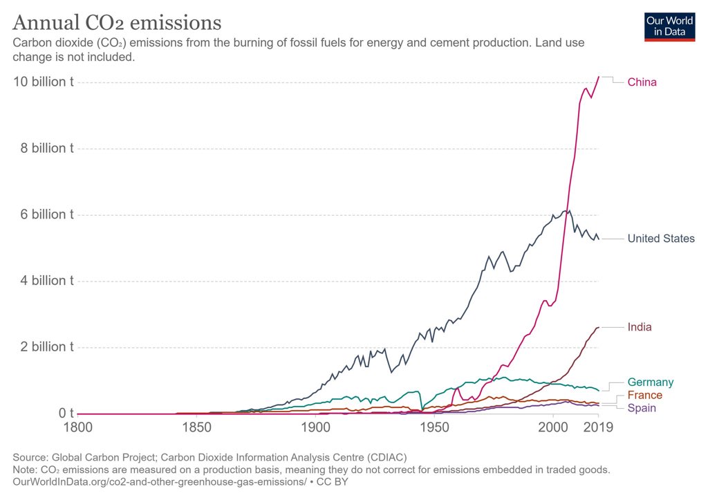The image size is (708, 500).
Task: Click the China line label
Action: pyautogui.click(x=642, y=82)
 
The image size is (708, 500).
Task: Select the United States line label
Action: pyautogui.click(x=661, y=239)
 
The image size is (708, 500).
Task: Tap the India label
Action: pyautogui.click(x=640, y=327)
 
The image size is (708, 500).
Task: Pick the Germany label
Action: pyautogui.click(x=650, y=382)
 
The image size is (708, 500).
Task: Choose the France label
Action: pyautogui.click(x=644, y=396)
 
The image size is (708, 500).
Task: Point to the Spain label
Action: pyautogui.click(x=642, y=408)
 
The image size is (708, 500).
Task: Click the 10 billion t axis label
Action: pyautogui.click(x=44, y=82)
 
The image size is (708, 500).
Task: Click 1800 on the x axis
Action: pyautogui.click(x=77, y=428)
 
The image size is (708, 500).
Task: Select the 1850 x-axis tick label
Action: pyautogui.click(x=197, y=428)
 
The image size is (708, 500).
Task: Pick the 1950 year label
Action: pyautogui.click(x=435, y=428)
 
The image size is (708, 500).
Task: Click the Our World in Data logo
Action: pyautogui.click(x=669, y=26)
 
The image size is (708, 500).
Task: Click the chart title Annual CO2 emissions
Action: pyautogui.click(x=117, y=23)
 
